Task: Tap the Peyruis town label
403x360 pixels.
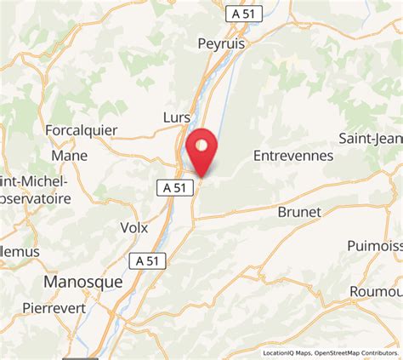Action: tap(221, 43)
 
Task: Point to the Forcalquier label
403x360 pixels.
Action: tap(80, 131)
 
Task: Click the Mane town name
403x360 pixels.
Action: tap(69, 156)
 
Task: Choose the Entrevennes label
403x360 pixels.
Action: tap(293, 156)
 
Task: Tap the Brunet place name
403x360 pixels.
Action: tap(299, 212)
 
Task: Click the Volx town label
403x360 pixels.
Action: tap(134, 228)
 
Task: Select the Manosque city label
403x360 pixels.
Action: tap(82, 281)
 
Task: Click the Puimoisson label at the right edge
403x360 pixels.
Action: tap(375, 245)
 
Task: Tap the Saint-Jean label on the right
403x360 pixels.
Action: tap(371, 138)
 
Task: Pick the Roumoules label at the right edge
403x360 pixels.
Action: tap(377, 291)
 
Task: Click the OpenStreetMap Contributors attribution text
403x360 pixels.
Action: tap(356, 353)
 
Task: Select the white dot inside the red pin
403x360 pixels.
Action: tap(201, 145)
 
